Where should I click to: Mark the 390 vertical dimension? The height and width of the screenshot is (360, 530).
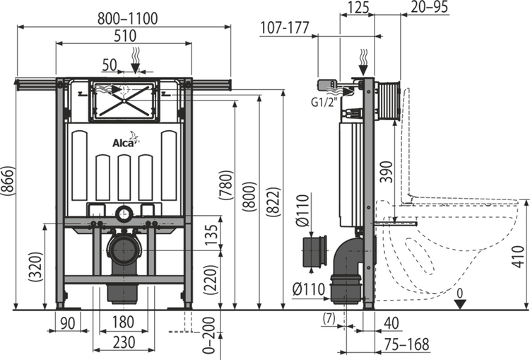(x=386, y=170)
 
